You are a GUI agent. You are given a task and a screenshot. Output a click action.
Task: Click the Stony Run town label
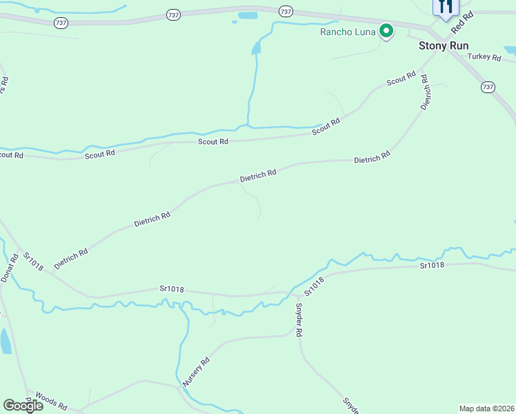tap(444, 46)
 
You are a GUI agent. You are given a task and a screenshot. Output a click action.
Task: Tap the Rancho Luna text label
tap(347, 31)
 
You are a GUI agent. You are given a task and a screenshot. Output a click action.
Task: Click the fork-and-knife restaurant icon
tap(445, 6)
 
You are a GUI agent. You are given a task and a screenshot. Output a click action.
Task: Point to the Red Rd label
tap(462, 23)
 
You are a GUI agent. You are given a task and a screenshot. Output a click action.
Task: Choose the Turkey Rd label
tap(483, 57)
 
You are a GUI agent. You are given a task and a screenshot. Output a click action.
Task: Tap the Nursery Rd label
tap(195, 371)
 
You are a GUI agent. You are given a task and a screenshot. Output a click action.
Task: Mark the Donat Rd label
tap(8, 267)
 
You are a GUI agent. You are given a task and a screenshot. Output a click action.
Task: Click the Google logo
tap(23, 406)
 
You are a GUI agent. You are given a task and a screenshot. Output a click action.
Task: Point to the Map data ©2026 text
tap(487, 408)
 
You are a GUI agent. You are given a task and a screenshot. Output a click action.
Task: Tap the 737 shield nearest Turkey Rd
tap(488, 87)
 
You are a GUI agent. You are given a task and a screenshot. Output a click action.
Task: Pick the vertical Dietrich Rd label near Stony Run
tap(426, 92)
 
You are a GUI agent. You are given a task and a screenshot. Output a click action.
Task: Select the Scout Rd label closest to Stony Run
tap(401, 79)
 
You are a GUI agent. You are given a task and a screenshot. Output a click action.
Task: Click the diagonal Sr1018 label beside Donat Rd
tap(32, 261)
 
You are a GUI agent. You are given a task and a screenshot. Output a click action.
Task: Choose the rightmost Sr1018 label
tap(432, 265)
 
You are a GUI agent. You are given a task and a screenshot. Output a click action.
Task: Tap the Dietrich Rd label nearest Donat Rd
tap(71, 259)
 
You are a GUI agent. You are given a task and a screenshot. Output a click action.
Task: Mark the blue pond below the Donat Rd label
tap(5, 341)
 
